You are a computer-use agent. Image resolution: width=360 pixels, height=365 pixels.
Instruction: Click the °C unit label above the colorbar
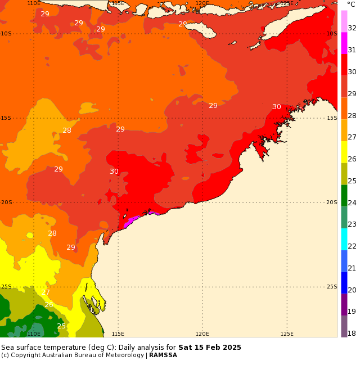pyautogui.click(x=351, y=4)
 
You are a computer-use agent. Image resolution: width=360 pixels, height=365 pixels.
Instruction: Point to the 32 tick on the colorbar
pyautogui.click(x=352, y=28)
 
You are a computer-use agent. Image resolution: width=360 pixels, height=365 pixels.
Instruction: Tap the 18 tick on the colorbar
pyautogui.click(x=352, y=334)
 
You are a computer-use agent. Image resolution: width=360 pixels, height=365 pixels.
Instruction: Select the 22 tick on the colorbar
pyautogui.click(x=352, y=246)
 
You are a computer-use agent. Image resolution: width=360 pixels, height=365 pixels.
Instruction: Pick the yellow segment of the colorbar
pyautogui.click(x=344, y=152)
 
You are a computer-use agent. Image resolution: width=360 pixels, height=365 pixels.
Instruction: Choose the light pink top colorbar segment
pyautogui.click(x=344, y=21)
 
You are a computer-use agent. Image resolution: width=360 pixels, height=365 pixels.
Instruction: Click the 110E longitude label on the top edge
pyautogui.click(x=34, y=3)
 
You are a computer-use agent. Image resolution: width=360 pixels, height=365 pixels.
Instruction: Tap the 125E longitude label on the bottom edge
pyautogui.click(x=287, y=334)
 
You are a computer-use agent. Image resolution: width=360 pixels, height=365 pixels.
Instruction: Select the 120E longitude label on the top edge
pyautogui.click(x=202, y=3)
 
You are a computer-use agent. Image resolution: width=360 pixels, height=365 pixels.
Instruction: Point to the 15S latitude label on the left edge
pyautogui.click(x=6, y=118)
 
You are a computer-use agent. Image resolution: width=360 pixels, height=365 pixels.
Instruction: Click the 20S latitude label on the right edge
pyautogui.click(x=332, y=202)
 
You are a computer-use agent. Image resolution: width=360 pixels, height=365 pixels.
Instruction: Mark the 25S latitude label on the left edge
pyautogui.click(x=6, y=287)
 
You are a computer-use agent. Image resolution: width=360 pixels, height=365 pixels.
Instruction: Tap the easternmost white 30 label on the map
pyautogui.click(x=277, y=107)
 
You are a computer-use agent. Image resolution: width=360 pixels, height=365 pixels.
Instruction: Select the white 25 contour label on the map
pyautogui.click(x=61, y=326)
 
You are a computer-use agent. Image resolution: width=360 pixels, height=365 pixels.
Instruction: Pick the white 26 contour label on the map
pyautogui.click(x=49, y=305)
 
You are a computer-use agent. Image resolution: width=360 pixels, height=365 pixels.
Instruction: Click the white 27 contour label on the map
pyautogui.click(x=46, y=292)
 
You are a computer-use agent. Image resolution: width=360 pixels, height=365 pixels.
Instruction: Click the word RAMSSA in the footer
pyautogui.click(x=163, y=355)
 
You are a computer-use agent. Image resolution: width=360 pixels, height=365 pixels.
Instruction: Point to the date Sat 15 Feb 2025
pyautogui.click(x=210, y=348)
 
